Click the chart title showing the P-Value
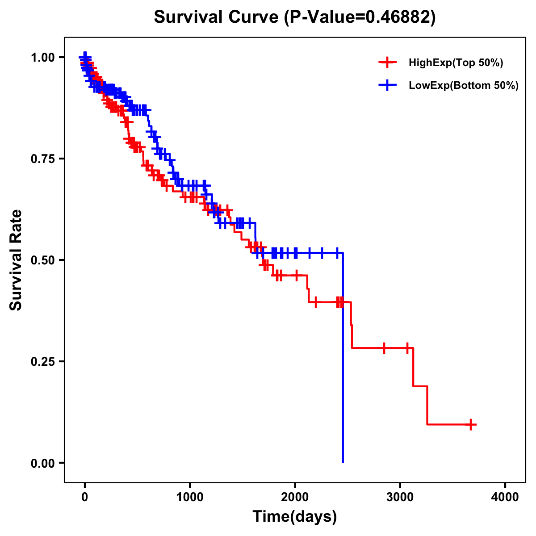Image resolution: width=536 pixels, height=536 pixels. tap(294, 17)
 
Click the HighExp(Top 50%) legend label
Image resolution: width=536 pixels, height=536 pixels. tap(456, 63)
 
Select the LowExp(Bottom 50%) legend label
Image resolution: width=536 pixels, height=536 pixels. tap(464, 86)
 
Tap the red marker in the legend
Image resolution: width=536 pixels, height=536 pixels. tap(387, 63)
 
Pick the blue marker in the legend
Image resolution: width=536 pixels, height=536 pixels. tap(387, 86)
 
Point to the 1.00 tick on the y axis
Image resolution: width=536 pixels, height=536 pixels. tap(42, 58)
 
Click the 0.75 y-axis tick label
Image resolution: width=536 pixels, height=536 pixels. tap(42, 159)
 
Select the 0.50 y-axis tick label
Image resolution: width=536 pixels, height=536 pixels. tap(42, 260)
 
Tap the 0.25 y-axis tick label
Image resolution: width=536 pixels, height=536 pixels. tap(42, 362)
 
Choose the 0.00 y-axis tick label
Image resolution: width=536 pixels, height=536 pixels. tap(42, 463)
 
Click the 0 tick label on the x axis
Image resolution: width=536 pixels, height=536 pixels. tap(85, 497)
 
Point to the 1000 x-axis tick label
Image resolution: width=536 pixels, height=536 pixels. tap(190, 497)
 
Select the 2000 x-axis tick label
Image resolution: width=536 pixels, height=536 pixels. tap(295, 497)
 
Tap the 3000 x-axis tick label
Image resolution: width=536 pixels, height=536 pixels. tap(400, 497)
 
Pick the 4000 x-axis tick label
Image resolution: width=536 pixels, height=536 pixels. tap(505, 497)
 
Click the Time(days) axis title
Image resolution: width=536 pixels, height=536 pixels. tap(294, 517)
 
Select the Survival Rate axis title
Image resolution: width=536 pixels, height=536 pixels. tap(16, 260)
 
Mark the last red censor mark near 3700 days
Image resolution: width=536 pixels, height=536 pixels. tap(471, 424)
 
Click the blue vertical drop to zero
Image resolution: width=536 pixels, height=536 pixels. tap(343, 357)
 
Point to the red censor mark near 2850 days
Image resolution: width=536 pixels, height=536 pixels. tap(384, 348)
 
